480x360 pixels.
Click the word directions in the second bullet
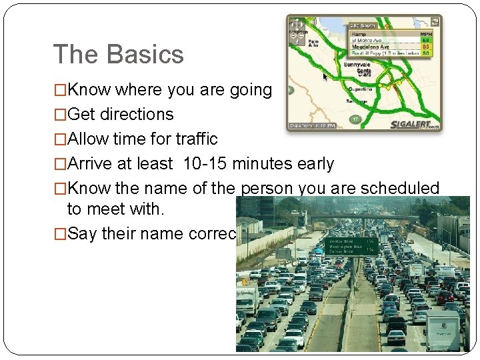point(136,115)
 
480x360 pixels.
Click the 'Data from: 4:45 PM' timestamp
point(315,125)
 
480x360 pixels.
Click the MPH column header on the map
point(425,34)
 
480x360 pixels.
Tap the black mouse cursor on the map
point(325,77)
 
